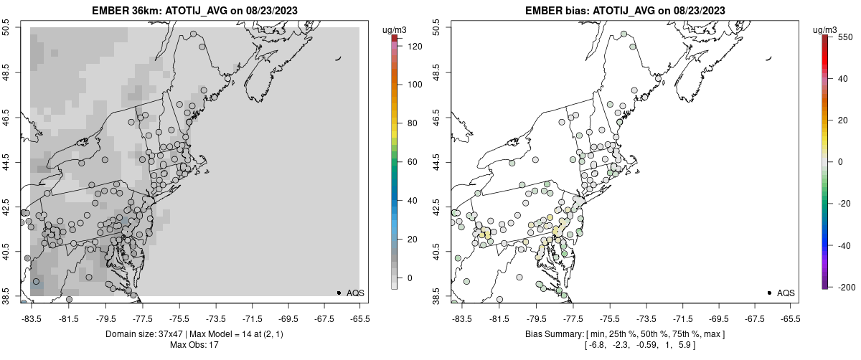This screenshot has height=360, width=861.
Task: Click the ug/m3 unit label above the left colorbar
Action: pyautogui.click(x=396, y=29)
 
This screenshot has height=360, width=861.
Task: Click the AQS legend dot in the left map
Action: pyautogui.click(x=339, y=293)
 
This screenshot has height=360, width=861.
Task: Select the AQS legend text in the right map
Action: pyautogui.click(x=786, y=293)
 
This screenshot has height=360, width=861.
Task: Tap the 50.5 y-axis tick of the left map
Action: pyautogui.click(x=7, y=28)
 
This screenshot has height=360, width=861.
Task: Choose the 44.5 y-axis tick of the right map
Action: pyautogui.click(x=438, y=162)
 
